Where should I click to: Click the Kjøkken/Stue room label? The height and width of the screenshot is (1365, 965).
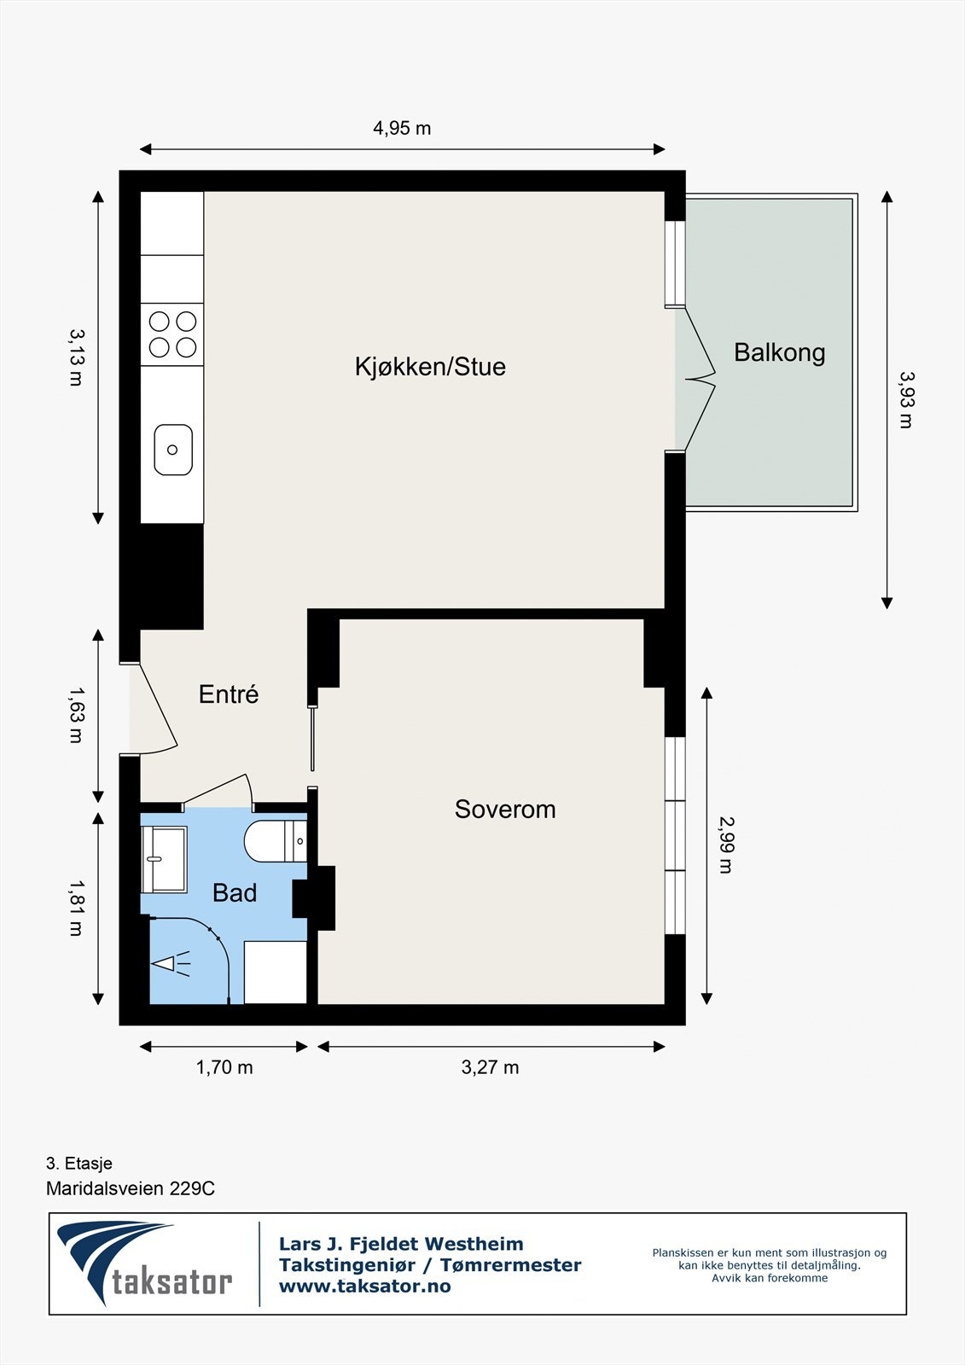(430, 367)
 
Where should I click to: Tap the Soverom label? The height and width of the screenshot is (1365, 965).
(505, 810)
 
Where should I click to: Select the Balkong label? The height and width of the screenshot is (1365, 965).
(780, 353)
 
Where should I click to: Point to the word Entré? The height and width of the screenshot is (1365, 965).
(230, 694)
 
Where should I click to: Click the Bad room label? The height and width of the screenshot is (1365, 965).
(235, 893)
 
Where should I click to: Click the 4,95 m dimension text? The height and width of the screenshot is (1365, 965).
(402, 129)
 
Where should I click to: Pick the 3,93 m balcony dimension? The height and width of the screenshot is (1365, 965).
(907, 400)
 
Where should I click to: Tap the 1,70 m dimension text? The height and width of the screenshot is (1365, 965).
(224, 1067)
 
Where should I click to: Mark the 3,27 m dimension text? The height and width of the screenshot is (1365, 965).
(490, 1067)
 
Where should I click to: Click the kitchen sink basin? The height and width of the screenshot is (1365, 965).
(173, 450)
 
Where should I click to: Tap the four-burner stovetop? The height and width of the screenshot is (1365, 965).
(172, 334)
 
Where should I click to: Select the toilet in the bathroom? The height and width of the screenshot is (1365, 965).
(276, 841)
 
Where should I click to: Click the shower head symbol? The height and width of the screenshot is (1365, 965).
(171, 963)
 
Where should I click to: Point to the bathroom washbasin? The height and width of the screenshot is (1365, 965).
(163, 860)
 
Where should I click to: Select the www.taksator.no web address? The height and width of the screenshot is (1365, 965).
(364, 1286)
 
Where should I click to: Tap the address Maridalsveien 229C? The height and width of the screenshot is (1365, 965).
(131, 1188)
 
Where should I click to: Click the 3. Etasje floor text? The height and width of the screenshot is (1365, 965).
(79, 1164)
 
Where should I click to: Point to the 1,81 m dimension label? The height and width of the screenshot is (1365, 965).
(76, 908)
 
